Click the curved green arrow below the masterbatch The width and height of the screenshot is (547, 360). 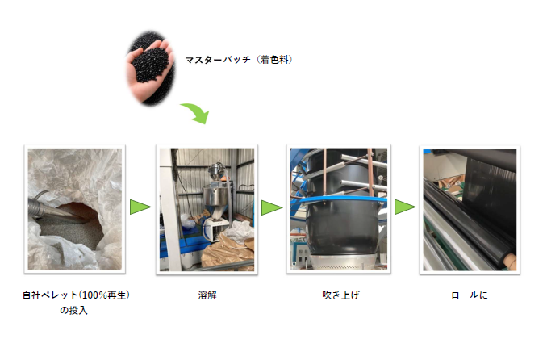197,111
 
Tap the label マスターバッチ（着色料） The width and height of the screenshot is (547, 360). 239,60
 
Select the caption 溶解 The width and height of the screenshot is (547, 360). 207,295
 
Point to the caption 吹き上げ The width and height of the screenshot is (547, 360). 340,295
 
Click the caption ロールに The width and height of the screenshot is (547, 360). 470,295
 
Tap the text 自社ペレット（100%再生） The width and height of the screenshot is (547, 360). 76,295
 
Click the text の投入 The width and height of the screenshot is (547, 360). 73,310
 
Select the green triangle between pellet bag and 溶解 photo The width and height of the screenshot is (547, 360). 140,207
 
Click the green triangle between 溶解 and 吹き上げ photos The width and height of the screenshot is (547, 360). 272,207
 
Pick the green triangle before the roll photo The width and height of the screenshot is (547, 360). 405,207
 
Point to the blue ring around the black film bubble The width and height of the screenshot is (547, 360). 341,200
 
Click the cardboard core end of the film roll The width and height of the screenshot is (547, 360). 510,260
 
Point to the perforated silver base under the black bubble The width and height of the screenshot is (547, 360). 344,262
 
